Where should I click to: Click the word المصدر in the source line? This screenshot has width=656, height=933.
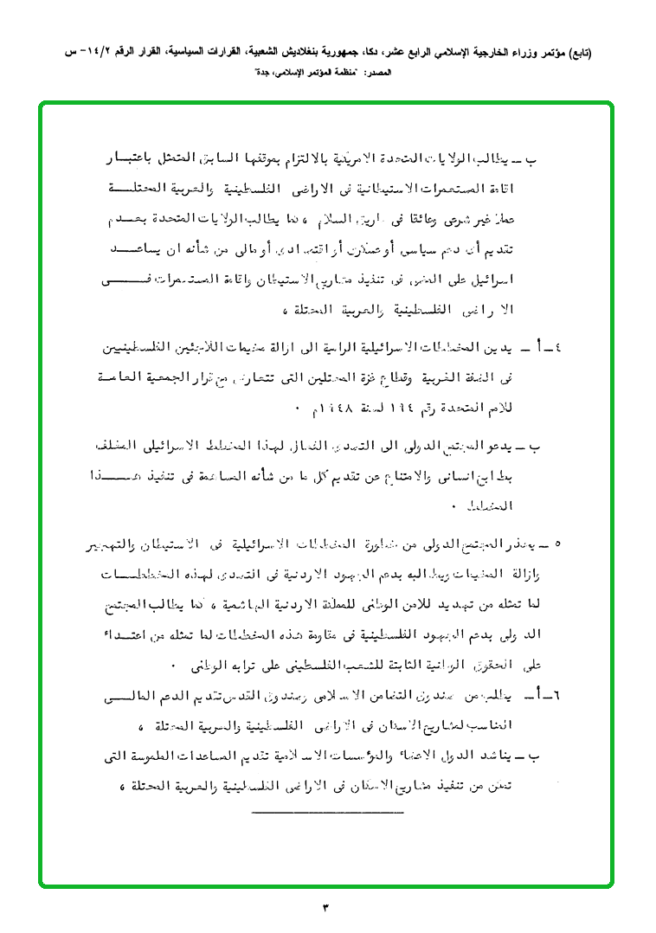tap(380, 74)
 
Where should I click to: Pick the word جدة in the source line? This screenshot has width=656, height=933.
tap(260, 74)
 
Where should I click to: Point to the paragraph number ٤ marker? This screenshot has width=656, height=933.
tap(557, 348)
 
